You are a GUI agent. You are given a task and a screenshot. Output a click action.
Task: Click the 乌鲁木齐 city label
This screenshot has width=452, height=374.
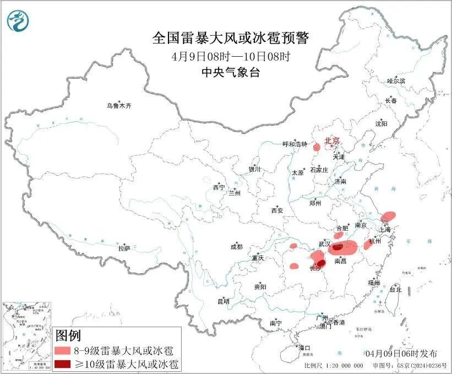coord(119,105)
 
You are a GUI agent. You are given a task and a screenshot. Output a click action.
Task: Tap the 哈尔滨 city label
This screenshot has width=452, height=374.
coord(395,81)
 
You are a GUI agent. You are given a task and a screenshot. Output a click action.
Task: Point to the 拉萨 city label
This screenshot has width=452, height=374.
coord(124,248)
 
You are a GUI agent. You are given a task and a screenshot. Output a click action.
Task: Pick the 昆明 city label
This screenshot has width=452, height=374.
coord(223,301)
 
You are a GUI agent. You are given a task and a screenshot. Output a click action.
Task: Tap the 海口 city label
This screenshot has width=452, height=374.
coord(304,348)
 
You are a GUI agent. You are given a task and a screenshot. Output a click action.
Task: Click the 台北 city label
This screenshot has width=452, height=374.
coord(395,289)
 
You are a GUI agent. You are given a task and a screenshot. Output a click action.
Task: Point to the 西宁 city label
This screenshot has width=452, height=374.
coord(219,187)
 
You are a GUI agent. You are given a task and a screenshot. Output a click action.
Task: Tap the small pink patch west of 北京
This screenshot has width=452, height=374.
coord(317,147)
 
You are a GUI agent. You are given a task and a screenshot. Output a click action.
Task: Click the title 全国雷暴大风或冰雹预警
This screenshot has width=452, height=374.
coord(231,38)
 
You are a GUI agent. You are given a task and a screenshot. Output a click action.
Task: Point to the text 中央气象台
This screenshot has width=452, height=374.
coord(231,73)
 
